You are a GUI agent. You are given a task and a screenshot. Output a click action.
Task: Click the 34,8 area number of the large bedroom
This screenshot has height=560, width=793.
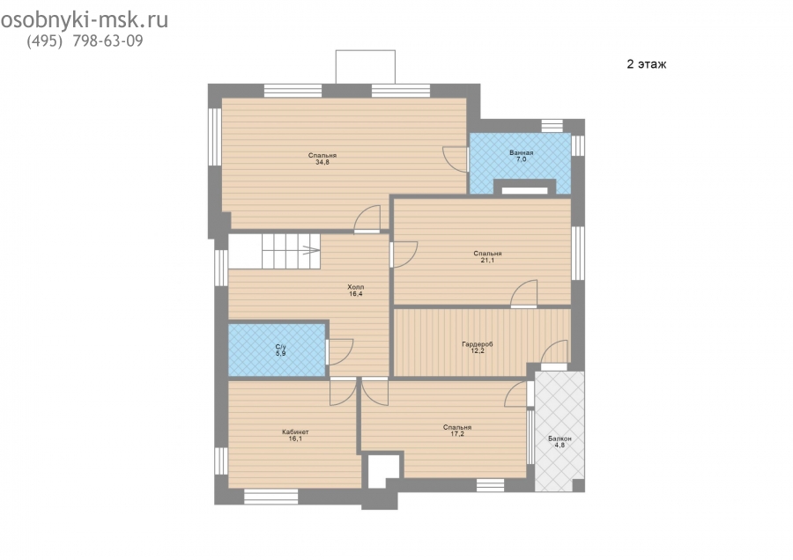322,163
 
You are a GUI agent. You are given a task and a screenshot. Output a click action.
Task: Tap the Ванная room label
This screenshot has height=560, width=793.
522,152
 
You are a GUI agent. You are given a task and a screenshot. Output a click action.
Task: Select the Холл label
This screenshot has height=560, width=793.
356,287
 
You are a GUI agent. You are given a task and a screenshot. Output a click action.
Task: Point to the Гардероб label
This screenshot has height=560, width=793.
478,344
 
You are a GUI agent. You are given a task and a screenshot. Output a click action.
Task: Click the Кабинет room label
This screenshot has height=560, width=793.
295,432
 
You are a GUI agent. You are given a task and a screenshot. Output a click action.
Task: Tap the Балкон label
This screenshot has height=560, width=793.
560,438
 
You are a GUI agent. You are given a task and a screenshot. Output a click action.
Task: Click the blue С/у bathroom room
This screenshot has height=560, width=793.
277,350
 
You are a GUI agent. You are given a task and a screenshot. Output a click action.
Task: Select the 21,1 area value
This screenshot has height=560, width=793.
487,261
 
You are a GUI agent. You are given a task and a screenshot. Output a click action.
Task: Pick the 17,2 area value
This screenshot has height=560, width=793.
457,433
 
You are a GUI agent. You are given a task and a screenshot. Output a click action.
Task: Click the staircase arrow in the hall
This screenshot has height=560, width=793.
310,250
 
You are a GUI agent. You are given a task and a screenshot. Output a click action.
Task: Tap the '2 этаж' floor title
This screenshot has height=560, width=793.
647,64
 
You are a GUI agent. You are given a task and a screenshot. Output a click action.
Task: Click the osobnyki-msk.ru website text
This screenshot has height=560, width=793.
84,20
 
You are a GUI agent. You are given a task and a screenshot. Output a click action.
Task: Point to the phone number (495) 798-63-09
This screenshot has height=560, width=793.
85,41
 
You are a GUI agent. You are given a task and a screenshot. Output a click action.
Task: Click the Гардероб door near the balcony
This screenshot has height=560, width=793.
555,352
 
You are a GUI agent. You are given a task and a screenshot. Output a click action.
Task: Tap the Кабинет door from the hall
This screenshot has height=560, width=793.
343,392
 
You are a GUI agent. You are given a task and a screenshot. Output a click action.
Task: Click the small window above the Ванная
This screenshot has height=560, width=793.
552,126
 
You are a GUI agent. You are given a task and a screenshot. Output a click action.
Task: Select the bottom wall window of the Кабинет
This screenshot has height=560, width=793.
271,497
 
